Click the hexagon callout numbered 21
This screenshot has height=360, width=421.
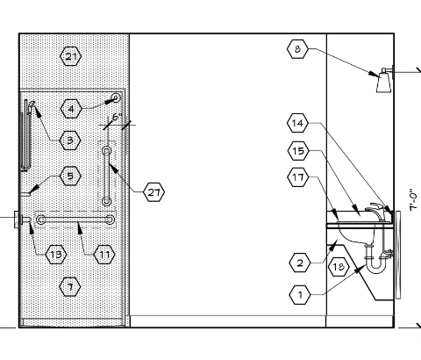pos(70,56)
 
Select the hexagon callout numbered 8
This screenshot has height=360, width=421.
pos(297,49)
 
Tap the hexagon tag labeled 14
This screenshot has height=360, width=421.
pos(297,123)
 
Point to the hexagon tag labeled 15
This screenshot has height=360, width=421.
pos(298,151)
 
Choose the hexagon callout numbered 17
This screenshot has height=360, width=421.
pos(298,177)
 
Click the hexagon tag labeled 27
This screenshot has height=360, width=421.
pos(154,192)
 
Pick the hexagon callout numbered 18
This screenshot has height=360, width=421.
pos(339,267)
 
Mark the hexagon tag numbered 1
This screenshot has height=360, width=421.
pos(300,295)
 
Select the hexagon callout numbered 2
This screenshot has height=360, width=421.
pos(300,263)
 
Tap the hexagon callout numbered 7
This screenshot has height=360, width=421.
pos(70,287)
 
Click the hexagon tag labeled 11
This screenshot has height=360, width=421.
pos(104,255)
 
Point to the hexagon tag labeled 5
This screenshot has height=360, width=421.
pos(70,176)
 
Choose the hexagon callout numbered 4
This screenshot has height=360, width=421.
pos(71,109)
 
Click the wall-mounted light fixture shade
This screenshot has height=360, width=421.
pos(384,83)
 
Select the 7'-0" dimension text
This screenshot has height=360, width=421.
pos(413,199)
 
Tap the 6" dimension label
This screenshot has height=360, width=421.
pos(117,117)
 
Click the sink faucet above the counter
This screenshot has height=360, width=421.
pos(378,212)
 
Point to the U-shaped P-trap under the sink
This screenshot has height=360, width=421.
pos(376,261)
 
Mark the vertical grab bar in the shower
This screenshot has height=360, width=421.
pos(106,176)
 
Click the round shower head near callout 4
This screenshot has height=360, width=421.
pos(116,97)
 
